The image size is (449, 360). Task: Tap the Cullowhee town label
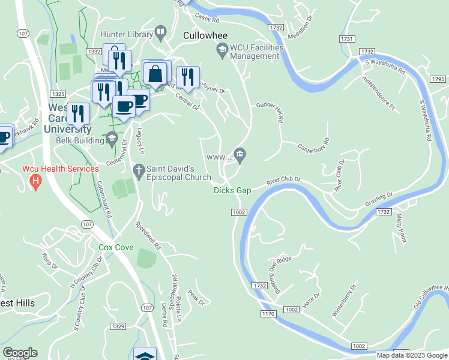pos(205,36)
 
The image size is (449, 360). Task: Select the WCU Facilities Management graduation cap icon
pos(222,52)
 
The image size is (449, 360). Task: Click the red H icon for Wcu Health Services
pos(35,181)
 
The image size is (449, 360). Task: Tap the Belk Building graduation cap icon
pos(111,140)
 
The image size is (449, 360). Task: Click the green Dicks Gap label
pos(232,190)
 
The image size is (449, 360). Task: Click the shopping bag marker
pos(155,74)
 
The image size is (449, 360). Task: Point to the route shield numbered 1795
pos(438,79)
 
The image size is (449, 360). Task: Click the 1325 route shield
pos(58,94)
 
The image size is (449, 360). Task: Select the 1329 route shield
pos(118,326)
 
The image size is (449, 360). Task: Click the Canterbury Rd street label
pos(314,145)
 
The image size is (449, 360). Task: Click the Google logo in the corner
pos(19,353)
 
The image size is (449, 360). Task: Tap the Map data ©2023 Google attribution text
pos(411,355)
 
